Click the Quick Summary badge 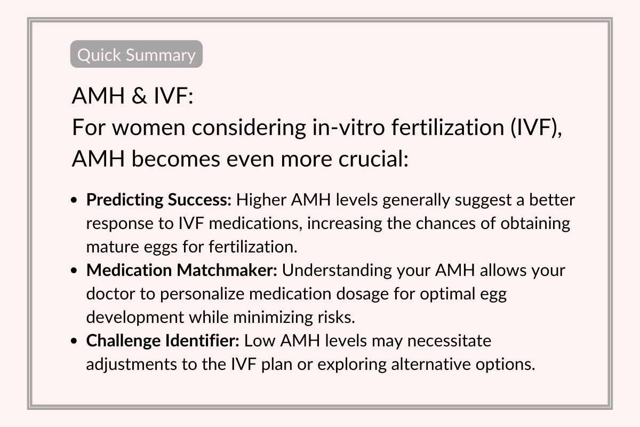[x=137, y=54]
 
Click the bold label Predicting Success [x=159, y=200]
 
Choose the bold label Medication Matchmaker [x=182, y=270]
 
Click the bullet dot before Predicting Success [x=75, y=201]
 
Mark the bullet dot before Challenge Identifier [x=75, y=341]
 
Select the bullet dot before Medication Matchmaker [x=75, y=271]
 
